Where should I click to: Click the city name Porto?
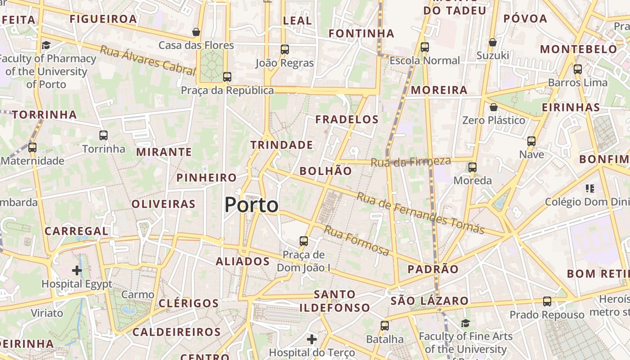coord(252,205)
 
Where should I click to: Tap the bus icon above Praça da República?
coord(227,77)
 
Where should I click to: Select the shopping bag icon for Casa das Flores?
coord(196,32)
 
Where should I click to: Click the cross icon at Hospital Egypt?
coord(77,270)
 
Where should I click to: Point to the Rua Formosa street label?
coord(356,241)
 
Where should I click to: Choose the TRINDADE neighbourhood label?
coord(282,145)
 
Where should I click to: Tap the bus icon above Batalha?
coord(384,326)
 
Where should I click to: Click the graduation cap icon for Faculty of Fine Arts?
coord(465,323)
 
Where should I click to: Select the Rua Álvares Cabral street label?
coord(148,60)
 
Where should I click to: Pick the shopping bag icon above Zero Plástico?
coord(494,107)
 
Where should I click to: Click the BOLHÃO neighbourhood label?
coord(325,171)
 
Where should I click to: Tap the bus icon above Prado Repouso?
coord(547,301)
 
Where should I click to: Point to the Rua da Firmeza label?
coord(410,162)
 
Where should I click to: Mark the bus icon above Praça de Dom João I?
coord(304,241)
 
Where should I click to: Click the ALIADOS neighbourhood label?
coord(243,261)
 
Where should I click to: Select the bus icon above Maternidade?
coord(32,147)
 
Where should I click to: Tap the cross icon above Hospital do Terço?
coord(311,339)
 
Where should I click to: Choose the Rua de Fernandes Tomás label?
coord(420,213)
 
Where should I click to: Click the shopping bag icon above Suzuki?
coord(493,42)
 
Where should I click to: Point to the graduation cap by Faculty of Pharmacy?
coord(46,45)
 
